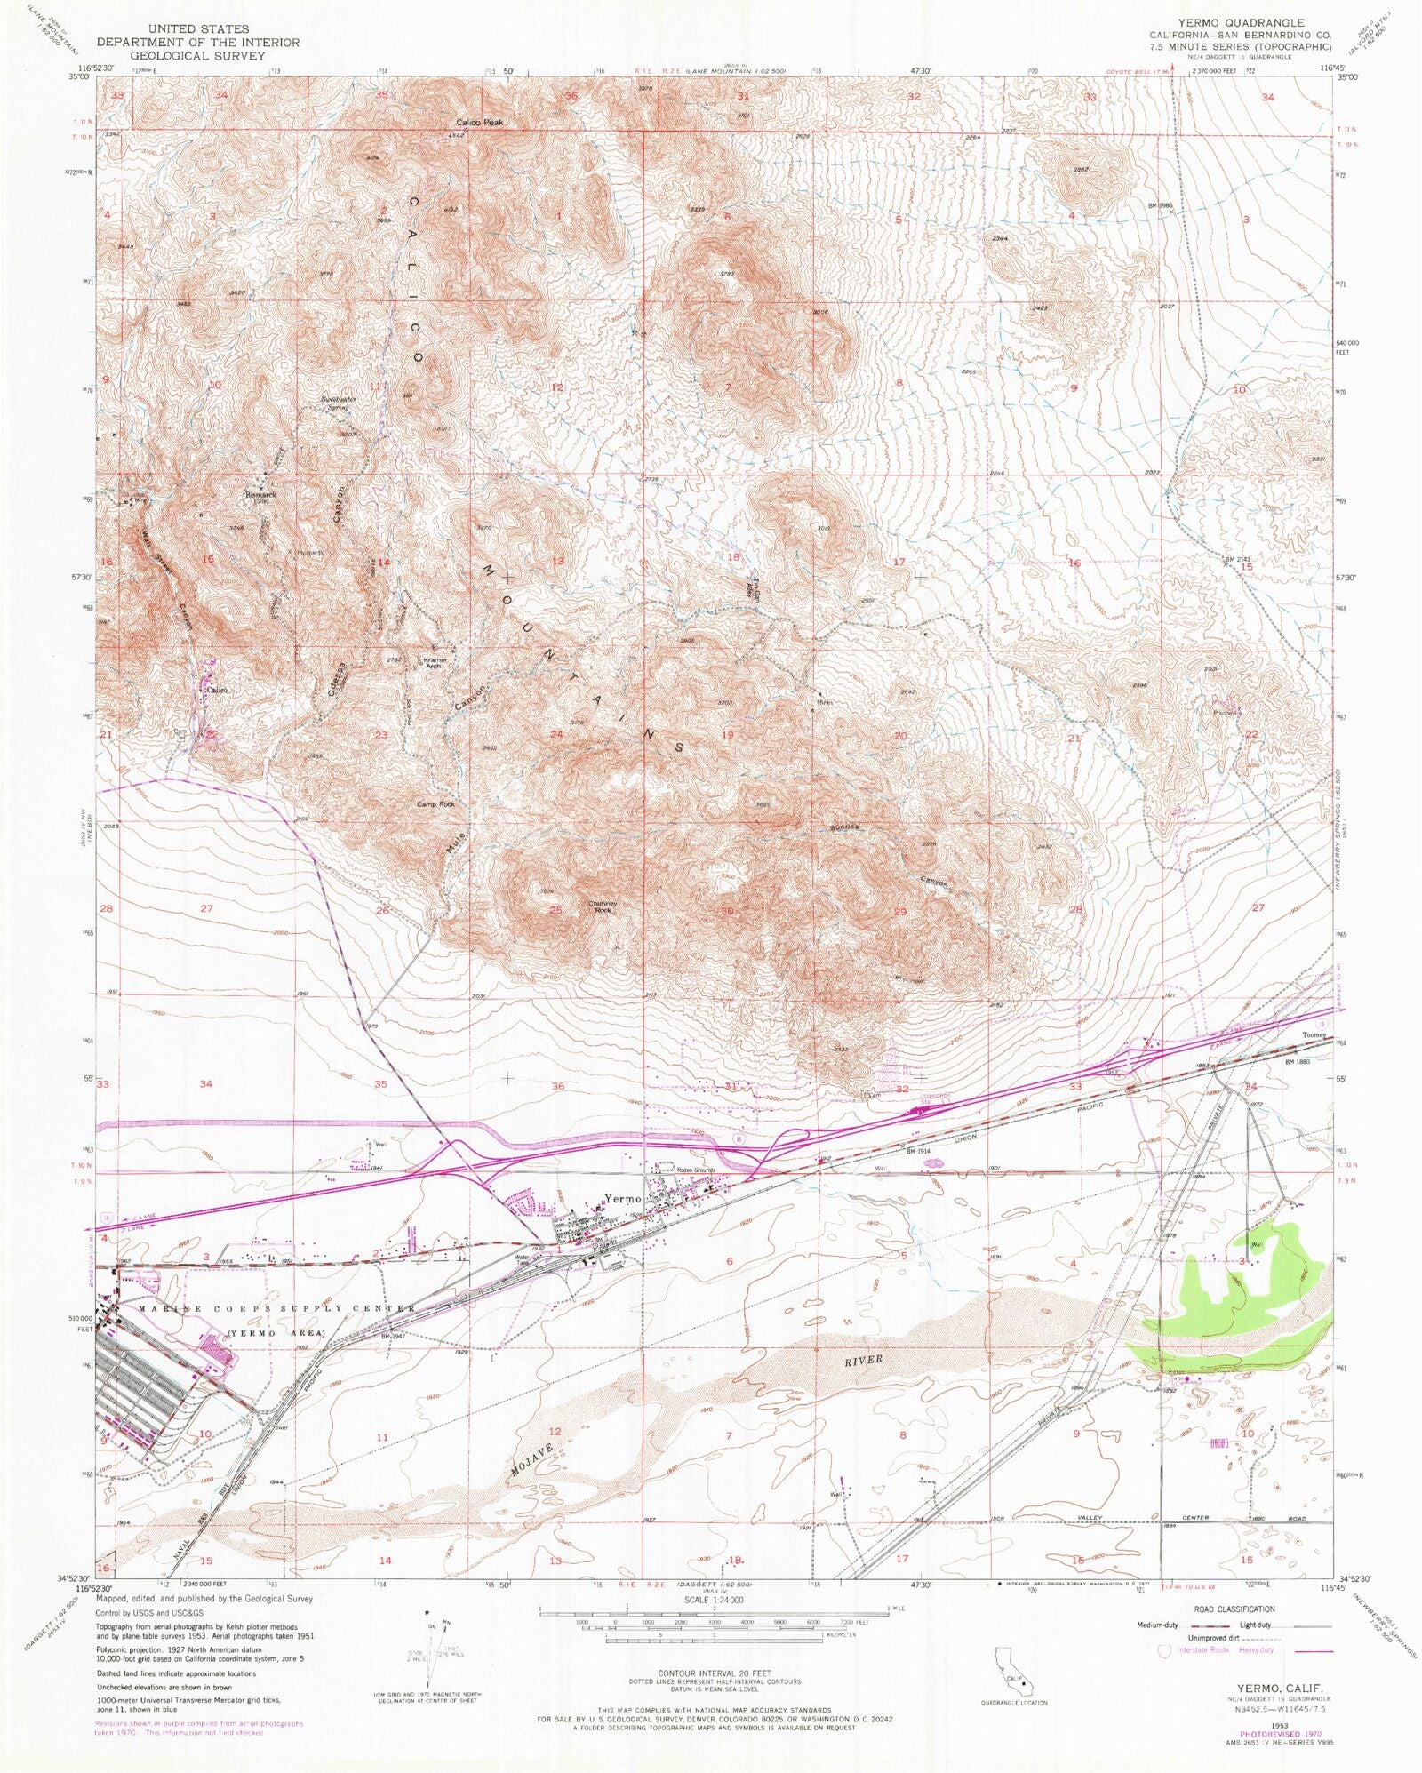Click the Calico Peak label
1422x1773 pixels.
click(x=480, y=122)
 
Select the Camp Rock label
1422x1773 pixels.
click(x=435, y=804)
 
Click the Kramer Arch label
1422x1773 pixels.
click(x=435, y=664)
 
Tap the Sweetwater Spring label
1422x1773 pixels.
click(x=339, y=403)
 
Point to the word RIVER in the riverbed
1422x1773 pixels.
click(x=863, y=1360)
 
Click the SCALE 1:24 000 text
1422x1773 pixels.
click(x=714, y=1600)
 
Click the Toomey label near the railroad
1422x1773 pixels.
click(x=1314, y=1035)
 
